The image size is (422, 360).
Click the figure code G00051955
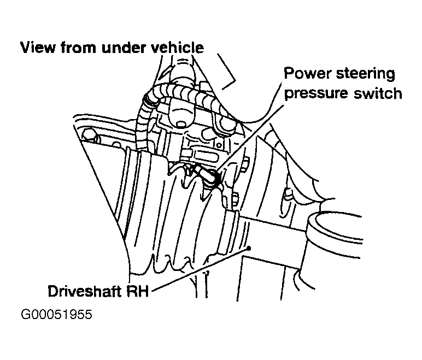pyautogui.click(x=56, y=314)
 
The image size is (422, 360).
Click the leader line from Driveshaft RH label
pyautogui.click(x=201, y=269)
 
